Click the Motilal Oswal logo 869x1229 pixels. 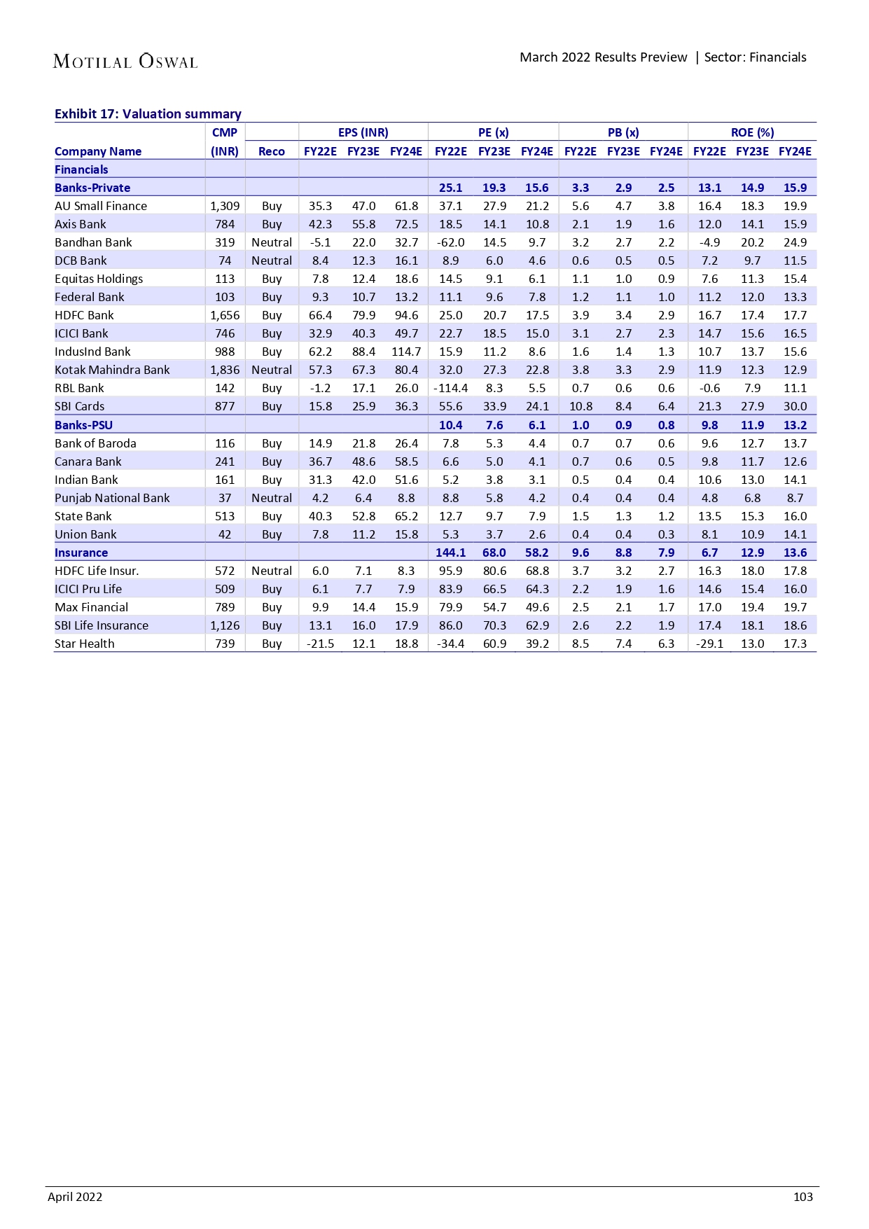(x=125, y=62)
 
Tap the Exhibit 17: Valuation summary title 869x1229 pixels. (x=148, y=113)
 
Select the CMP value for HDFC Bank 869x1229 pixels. (x=225, y=315)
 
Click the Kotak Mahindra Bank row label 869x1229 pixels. (x=112, y=370)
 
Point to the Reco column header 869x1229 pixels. (x=272, y=151)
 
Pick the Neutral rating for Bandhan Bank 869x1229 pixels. (x=272, y=242)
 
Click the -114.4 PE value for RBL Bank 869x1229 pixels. (x=450, y=388)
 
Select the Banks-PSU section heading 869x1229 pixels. (x=83, y=425)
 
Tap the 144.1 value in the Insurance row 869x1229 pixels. (x=450, y=553)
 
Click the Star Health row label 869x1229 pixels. (x=84, y=644)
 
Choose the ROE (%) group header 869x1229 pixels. (x=752, y=132)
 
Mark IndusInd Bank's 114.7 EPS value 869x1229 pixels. (x=406, y=352)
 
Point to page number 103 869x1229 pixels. (x=802, y=1197)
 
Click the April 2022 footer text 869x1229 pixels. (x=75, y=1197)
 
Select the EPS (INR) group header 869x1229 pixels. (x=363, y=132)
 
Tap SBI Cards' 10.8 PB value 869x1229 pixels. (x=581, y=406)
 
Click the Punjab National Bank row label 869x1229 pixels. (x=112, y=498)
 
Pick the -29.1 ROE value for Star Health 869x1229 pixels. (x=709, y=644)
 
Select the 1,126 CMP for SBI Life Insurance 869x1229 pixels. (x=225, y=625)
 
